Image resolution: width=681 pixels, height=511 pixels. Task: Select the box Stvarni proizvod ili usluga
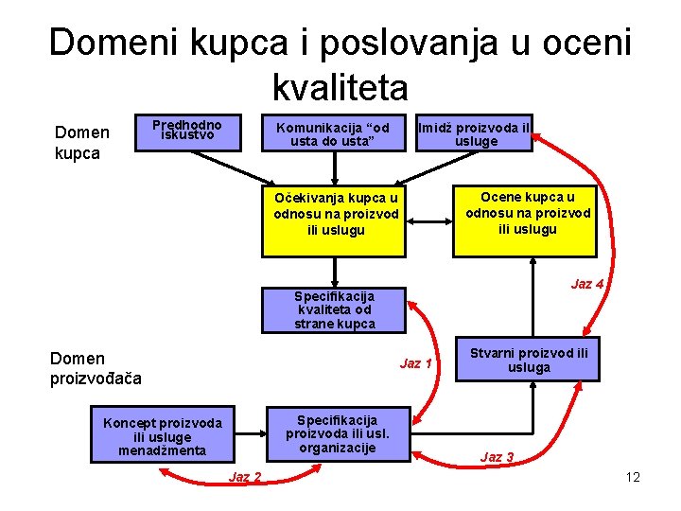(x=528, y=359)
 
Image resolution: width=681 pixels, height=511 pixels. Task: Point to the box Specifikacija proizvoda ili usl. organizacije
(x=337, y=433)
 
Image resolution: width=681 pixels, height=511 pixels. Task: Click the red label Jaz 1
(x=415, y=363)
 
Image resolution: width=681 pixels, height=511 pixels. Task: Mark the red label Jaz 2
(x=245, y=476)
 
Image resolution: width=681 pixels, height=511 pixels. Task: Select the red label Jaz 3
(x=497, y=457)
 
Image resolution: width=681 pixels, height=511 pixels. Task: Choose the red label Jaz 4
(x=586, y=283)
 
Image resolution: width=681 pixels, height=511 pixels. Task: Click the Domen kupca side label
(x=82, y=142)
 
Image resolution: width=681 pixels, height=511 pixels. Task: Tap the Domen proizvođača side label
(x=95, y=368)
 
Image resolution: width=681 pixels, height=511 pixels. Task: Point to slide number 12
(x=633, y=477)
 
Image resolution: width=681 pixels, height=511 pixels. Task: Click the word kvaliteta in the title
(x=340, y=88)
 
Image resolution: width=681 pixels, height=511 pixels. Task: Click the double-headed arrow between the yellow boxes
(x=428, y=221)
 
